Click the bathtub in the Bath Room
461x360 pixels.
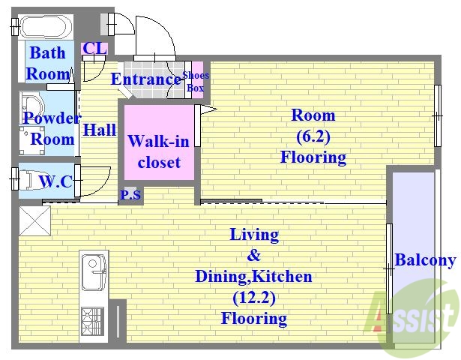pos(46,26)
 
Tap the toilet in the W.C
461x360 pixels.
pos(31,179)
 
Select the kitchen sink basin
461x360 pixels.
pos(94,272)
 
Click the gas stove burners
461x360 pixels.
pos(92,321)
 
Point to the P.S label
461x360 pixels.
pos(130,194)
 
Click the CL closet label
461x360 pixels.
pos(94,49)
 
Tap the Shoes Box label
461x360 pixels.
pos(196,81)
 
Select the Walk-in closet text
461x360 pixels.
pos(159,151)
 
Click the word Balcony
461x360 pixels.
pos(425,260)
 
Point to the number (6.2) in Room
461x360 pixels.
pos(313,136)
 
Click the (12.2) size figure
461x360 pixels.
pos(254,298)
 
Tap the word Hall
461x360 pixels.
pos(100,130)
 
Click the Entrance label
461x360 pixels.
pos(146,79)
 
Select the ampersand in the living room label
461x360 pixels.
pos(254,255)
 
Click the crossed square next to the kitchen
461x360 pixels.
pos(35,220)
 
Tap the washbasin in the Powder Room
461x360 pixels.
pos(31,107)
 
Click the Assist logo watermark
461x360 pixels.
pos(412,319)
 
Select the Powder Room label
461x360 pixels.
pos(52,128)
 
